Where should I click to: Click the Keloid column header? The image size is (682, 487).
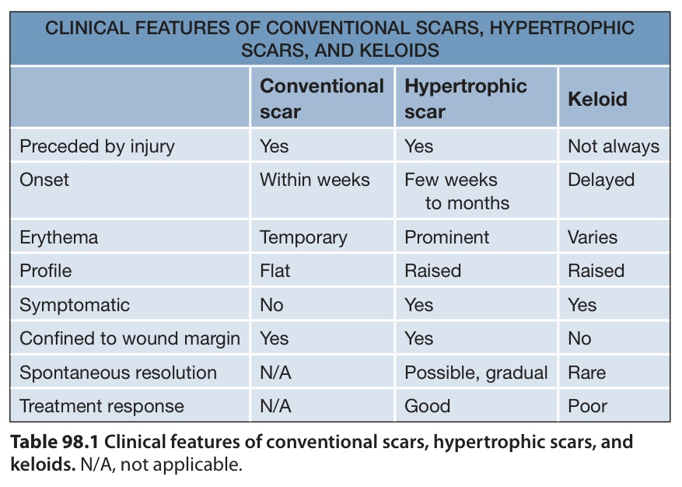597,100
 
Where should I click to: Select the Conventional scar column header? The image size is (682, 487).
322,99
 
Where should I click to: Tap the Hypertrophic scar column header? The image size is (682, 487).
465,99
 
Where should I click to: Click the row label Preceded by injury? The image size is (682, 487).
97,147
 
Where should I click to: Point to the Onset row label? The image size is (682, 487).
44,180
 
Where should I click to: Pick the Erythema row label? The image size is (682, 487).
59,237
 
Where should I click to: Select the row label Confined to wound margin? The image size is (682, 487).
130,338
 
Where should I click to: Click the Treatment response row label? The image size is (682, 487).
102,406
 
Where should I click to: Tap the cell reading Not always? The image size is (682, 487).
614,147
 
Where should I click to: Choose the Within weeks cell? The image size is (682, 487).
314,180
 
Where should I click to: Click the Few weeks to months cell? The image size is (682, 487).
456,191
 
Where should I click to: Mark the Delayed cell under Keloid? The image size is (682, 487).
601,180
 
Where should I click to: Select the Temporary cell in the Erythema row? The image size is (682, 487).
303,237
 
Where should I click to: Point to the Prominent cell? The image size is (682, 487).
446,237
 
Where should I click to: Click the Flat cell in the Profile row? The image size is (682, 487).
275,271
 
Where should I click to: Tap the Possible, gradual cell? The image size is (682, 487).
476,373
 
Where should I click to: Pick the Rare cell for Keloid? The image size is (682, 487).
587,373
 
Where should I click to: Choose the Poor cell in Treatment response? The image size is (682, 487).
587,406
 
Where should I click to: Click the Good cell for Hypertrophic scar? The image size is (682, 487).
427,406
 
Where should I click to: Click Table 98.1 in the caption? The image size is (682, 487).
54,442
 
